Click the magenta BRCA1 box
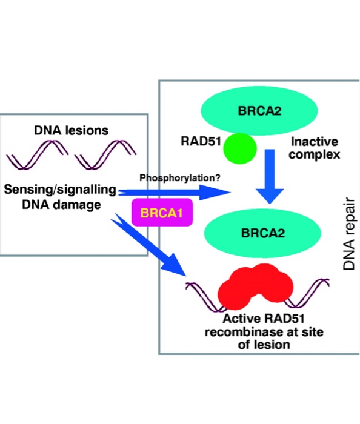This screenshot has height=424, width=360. point(162,213)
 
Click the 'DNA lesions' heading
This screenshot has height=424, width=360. point(72,130)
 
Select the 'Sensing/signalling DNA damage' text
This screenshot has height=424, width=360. point(60,196)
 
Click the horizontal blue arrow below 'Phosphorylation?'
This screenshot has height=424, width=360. point(176,193)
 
